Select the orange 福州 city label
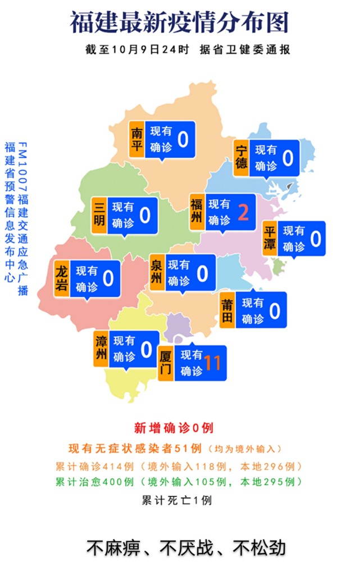pos(197,212)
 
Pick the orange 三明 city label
pos(99,214)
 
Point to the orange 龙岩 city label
pos(62,278)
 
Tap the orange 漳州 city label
pos(101,348)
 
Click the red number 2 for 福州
pos(243,212)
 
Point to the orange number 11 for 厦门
pos(213,363)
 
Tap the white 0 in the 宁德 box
pos(288,158)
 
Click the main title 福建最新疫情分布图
pos(179,24)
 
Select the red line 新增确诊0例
pos(173,428)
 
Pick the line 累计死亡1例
pos(176,500)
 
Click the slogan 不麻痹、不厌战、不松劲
pos(186,547)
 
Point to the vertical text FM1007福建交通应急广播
pos(22,219)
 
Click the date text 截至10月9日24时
pos(138,49)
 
